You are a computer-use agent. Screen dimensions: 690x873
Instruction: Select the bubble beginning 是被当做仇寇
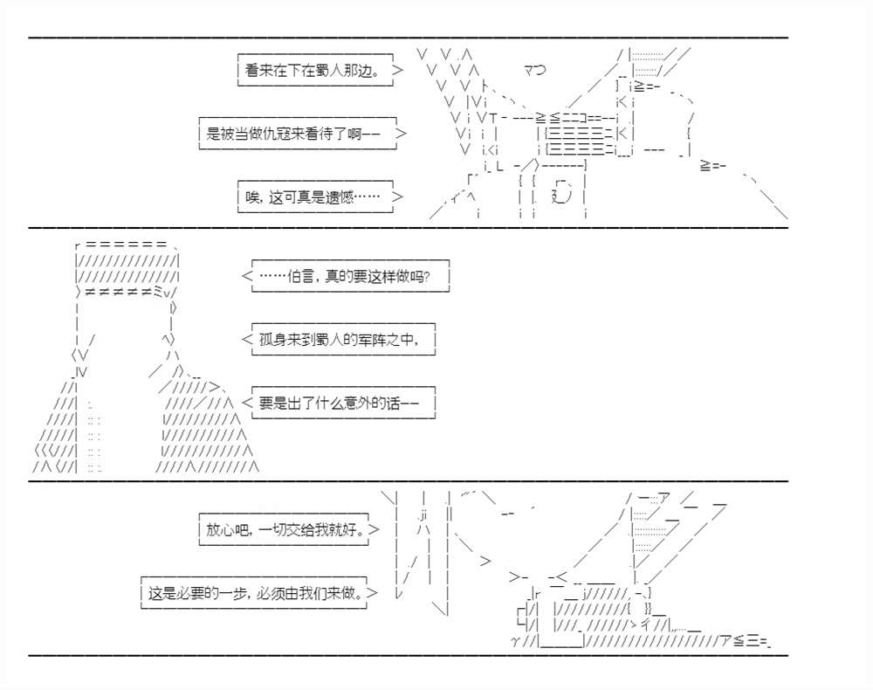tap(297, 134)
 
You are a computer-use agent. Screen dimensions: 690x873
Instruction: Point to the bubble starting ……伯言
tap(349, 277)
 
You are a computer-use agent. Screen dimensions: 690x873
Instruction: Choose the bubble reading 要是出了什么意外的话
tap(342, 403)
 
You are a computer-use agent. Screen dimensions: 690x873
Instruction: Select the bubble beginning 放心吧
tap(285, 529)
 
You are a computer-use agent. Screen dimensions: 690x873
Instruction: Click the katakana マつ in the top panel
tap(534, 69)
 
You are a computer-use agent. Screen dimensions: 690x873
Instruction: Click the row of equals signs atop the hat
tap(126, 245)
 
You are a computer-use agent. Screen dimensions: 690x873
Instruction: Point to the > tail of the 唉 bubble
tap(398, 197)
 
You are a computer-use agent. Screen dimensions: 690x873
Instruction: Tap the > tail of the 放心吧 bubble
tap(375, 529)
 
